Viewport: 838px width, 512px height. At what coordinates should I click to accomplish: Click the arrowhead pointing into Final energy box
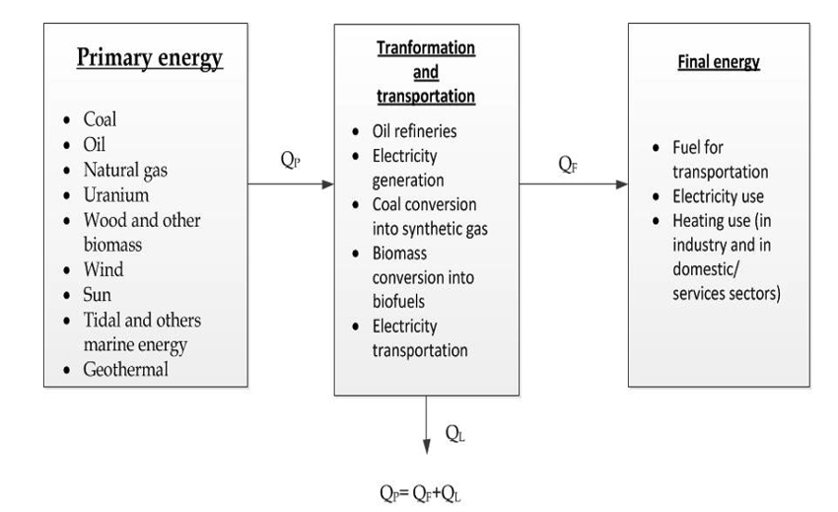click(x=620, y=184)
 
